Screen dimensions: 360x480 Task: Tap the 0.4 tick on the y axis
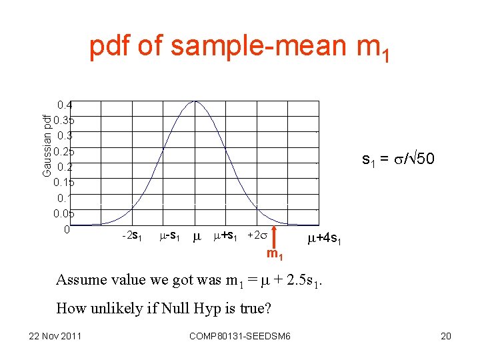(65, 105)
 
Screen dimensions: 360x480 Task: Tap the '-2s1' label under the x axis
(131, 235)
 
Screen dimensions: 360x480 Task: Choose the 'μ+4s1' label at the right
(325, 239)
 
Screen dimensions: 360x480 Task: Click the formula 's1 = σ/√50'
(398, 159)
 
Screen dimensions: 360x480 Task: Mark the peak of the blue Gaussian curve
(195, 101)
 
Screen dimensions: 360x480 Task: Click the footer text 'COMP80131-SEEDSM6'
(240, 336)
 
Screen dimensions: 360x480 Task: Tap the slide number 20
(446, 336)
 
